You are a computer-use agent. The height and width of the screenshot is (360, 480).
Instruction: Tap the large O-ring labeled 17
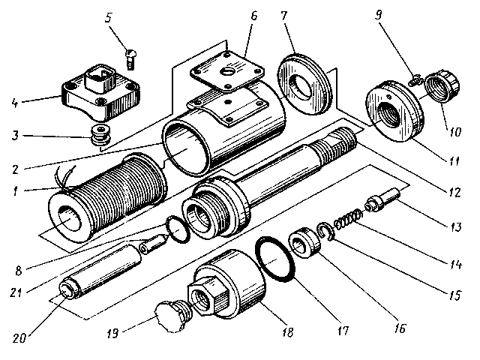(276, 259)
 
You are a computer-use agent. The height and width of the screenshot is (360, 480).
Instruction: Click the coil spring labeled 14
(346, 221)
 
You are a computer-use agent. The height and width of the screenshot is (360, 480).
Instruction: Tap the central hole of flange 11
(390, 112)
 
